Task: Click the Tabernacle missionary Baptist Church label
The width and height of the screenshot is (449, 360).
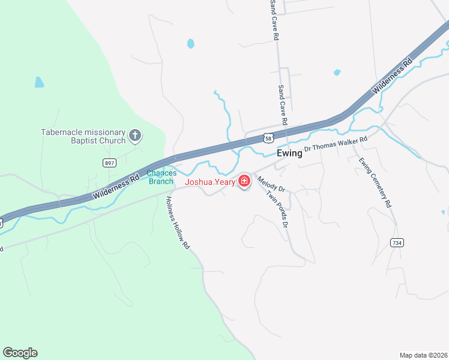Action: click(83, 136)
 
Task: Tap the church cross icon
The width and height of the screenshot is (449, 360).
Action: click(135, 136)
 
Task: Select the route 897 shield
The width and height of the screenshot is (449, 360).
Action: click(109, 163)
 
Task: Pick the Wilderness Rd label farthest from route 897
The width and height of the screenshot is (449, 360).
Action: click(393, 75)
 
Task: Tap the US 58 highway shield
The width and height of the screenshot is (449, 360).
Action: click(268, 139)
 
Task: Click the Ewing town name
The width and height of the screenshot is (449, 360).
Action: click(289, 154)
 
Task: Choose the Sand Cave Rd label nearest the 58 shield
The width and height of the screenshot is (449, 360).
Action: click(282, 106)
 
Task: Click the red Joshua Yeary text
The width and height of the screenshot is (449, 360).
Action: click(209, 182)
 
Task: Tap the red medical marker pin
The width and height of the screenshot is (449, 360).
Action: click(244, 181)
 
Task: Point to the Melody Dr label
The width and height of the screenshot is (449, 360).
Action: click(271, 184)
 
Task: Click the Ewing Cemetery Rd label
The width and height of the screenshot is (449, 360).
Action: click(375, 182)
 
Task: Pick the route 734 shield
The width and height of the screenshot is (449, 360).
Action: click(396, 242)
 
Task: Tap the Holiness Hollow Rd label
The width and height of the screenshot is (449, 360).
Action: click(178, 223)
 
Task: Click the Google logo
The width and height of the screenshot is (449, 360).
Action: click(20, 353)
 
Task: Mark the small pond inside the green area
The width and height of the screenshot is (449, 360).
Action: click(39, 82)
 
